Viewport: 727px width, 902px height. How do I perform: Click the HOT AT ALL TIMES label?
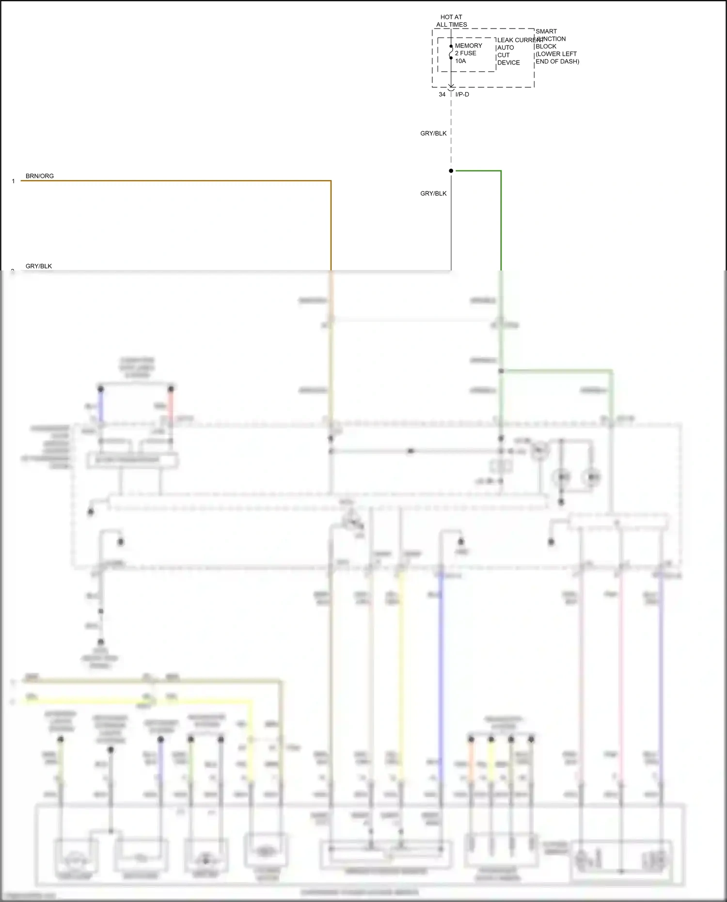pos(451,21)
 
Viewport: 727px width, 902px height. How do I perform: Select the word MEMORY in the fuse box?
pos(468,46)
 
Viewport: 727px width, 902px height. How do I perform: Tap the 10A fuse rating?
pos(460,61)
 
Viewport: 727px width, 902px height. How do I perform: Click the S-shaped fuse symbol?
pos(451,52)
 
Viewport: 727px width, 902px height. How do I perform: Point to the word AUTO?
pos(506,47)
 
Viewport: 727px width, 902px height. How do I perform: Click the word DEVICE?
pos(508,63)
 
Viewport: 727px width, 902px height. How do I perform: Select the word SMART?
pos(546,31)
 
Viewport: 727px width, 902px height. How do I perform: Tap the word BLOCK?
pos(546,47)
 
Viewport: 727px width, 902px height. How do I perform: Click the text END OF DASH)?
pos(557,62)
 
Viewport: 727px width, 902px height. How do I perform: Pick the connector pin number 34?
pos(442,95)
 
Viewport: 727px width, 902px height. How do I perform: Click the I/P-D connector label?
pos(462,95)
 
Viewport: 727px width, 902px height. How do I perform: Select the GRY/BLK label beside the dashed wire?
pos(433,133)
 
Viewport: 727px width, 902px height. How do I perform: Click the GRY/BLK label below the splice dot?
pos(433,193)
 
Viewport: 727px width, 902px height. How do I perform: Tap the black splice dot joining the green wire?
pos(451,171)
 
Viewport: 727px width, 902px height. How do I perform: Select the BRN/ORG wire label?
pos(40,176)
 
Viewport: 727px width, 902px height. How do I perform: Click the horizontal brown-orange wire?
pos(174,181)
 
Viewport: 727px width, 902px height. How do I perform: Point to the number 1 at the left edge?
pos(13,181)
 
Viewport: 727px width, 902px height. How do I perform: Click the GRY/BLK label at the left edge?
pos(39,266)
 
